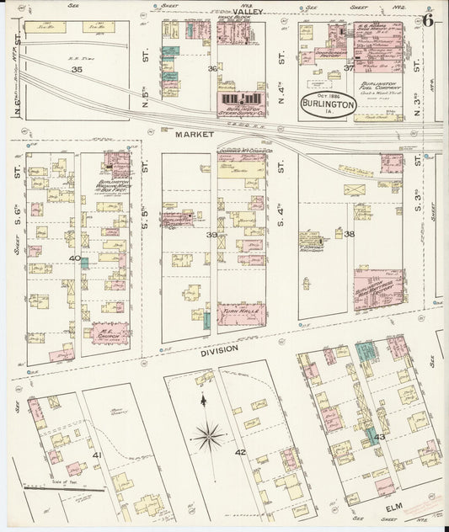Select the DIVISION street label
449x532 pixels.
[218, 348]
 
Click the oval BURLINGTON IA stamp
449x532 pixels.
[328, 104]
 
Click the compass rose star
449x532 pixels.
[207, 435]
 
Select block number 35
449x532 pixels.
[77, 69]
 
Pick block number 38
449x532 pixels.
[349, 233]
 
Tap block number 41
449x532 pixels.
[97, 455]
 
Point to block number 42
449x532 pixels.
[240, 452]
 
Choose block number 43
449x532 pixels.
[379, 436]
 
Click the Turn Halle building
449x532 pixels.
[241, 311]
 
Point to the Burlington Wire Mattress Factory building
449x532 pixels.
[377, 290]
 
